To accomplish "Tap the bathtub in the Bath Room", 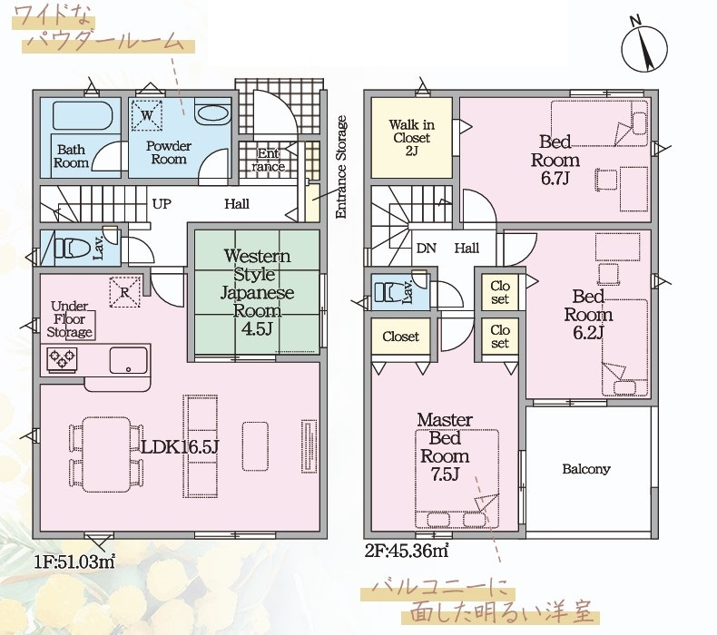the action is click(x=83, y=116).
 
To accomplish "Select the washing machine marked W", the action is click(x=147, y=114).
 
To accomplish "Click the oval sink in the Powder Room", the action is click(x=211, y=113).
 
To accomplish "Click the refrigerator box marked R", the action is click(x=125, y=292).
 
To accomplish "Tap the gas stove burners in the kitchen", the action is click(x=62, y=360).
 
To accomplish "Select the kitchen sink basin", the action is click(x=129, y=360).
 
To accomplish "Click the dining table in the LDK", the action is click(x=106, y=454).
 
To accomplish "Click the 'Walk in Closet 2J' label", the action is click(x=411, y=138).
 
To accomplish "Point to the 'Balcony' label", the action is click(x=586, y=469).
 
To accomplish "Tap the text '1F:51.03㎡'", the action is click(x=74, y=562).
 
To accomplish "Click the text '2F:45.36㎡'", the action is click(x=407, y=551).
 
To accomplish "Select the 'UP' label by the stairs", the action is click(x=161, y=204).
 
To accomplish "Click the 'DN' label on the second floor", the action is click(x=427, y=249).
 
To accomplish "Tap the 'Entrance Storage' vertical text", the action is click(x=341, y=167).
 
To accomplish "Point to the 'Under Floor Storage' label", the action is click(x=70, y=319).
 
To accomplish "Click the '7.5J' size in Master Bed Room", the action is click(x=445, y=474).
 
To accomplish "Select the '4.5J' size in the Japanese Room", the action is click(x=257, y=329).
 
